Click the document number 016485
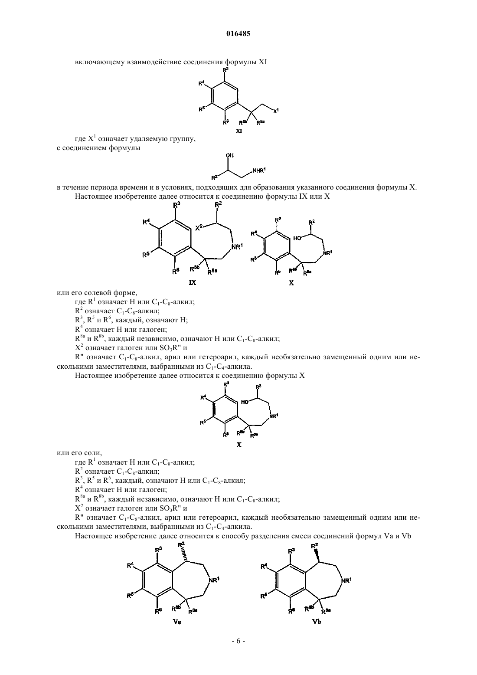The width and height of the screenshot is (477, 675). (238, 33)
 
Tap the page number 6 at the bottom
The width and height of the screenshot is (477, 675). (238, 641)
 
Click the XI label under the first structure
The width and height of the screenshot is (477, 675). (238, 131)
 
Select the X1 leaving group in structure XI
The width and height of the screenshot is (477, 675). (276, 111)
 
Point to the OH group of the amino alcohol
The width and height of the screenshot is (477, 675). (230, 155)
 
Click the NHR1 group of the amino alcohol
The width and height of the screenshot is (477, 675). (259, 170)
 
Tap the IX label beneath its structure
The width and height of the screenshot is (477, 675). (193, 282)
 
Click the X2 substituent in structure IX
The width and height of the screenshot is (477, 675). (199, 228)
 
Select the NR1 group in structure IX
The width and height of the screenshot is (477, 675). (237, 247)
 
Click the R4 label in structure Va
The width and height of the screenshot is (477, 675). (131, 565)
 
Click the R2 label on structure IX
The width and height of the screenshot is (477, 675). (218, 205)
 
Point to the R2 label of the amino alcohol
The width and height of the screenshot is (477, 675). (214, 177)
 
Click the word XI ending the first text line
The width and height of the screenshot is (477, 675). (263, 62)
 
